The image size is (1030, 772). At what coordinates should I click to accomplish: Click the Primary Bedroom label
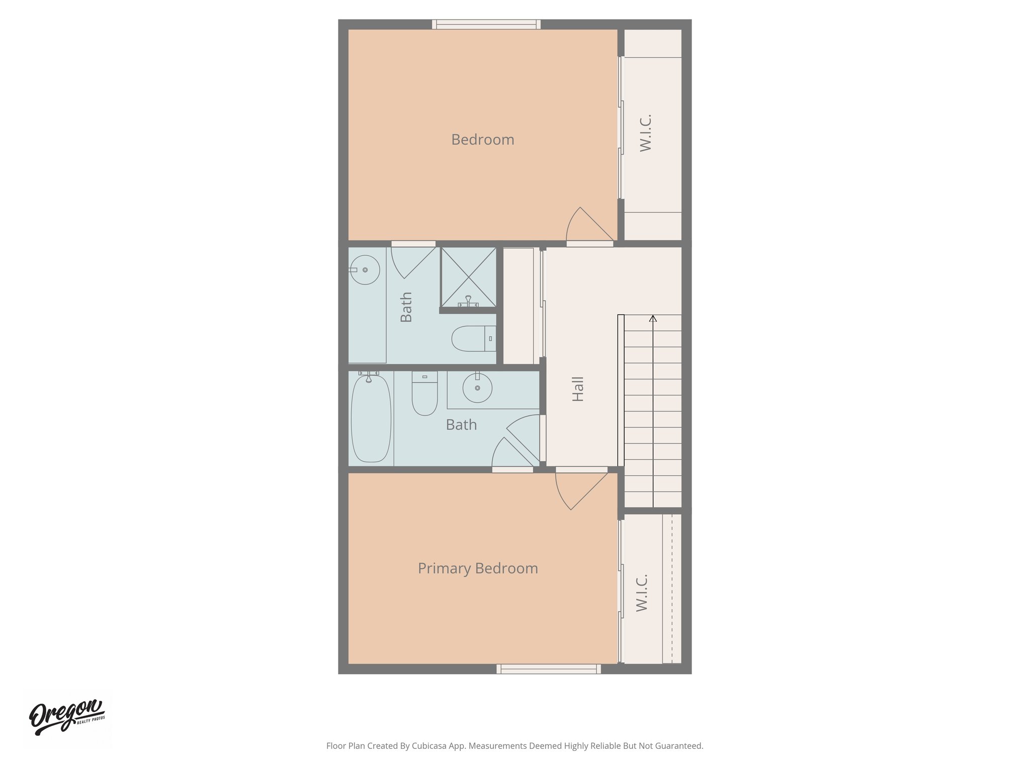pyautogui.click(x=478, y=568)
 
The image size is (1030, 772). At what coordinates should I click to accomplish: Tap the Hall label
pyautogui.click(x=578, y=389)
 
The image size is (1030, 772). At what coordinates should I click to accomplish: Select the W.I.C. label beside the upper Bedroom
pyautogui.click(x=646, y=133)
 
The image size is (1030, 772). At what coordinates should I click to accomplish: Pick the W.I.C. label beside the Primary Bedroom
pyautogui.click(x=642, y=593)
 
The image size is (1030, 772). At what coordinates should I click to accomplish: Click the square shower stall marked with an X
pyautogui.click(x=468, y=277)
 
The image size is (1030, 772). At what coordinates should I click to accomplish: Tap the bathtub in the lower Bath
pyautogui.click(x=371, y=418)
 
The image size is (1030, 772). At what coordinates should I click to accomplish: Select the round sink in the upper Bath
pyautogui.click(x=365, y=270)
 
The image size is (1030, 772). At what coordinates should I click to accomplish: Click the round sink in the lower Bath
pyautogui.click(x=477, y=388)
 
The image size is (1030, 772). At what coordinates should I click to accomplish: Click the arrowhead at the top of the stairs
pyautogui.click(x=653, y=318)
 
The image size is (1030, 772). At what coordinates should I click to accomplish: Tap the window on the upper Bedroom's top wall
pyautogui.click(x=486, y=24)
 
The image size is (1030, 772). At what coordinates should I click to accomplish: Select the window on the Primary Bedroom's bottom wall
pyautogui.click(x=549, y=669)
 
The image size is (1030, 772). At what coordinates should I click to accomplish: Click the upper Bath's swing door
pyautogui.click(x=412, y=261)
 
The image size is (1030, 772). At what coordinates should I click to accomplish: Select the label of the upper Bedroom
pyautogui.click(x=482, y=140)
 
